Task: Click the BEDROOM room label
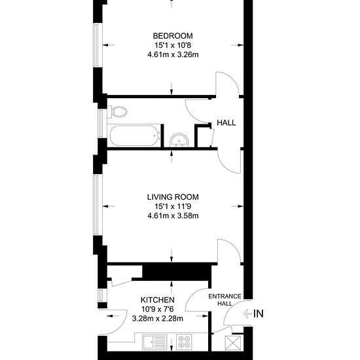point(173,36)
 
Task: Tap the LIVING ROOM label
point(173,197)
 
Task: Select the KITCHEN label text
point(158,300)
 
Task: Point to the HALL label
point(226,123)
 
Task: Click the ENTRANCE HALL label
point(225,300)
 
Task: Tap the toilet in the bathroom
point(117,111)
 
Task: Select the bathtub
point(135,135)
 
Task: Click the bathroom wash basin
point(179,140)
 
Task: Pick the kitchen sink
point(154,342)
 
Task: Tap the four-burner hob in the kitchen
point(184,342)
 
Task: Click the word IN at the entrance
point(259,314)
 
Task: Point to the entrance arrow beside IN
point(247,314)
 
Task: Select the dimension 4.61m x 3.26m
point(173,55)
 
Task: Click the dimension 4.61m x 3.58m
point(173,216)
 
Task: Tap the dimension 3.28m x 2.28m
point(158,319)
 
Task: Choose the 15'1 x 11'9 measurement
point(173,206)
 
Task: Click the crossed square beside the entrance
point(233,344)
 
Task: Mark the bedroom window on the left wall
point(96,45)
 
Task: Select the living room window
point(96,205)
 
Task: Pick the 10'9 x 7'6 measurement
point(158,309)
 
